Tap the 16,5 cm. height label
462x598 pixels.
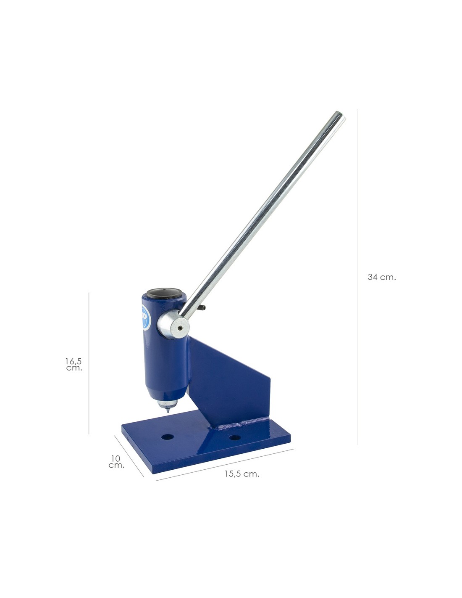(x=73, y=364)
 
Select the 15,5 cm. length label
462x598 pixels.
(x=241, y=474)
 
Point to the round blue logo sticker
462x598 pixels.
(x=146, y=318)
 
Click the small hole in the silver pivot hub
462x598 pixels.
(x=180, y=328)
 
